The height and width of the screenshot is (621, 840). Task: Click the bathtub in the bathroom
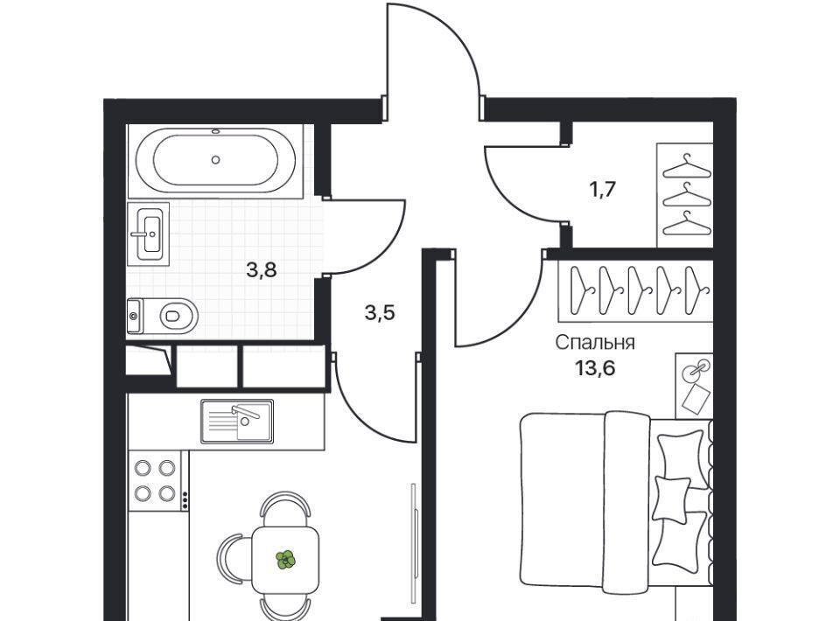click(x=215, y=160)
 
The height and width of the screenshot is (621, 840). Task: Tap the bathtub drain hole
click(x=215, y=159)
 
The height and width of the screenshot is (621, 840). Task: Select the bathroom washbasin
click(x=149, y=234)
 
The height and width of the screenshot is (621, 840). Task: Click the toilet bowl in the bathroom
click(x=163, y=316)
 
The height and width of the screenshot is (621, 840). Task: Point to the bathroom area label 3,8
click(x=262, y=270)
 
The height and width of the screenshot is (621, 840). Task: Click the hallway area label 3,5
click(x=380, y=312)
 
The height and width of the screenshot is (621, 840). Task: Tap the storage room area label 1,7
click(x=603, y=189)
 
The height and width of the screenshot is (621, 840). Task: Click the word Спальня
click(x=595, y=343)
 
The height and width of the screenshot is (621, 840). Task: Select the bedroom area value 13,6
click(x=595, y=368)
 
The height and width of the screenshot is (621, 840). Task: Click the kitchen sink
click(x=237, y=422)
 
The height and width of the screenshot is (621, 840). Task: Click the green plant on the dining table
click(x=285, y=560)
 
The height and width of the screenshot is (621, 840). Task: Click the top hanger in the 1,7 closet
click(x=687, y=166)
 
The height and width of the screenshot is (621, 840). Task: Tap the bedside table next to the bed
click(x=694, y=386)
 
